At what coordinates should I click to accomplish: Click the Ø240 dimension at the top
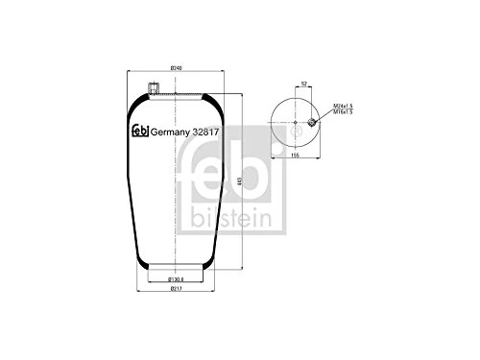pos(176,66)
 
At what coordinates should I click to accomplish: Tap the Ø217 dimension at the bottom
pos(176,288)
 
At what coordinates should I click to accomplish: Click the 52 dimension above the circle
pos(303,84)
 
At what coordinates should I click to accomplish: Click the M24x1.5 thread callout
pos(343,104)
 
